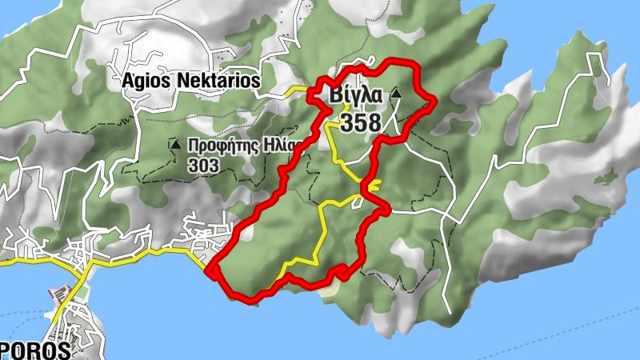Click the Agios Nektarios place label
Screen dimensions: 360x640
tap(191, 81)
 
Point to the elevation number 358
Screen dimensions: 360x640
tap(360, 122)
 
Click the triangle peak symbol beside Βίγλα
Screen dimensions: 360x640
tap(395, 95)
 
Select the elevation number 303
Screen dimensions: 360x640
tap(203, 164)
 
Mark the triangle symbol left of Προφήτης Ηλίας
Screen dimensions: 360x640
tap(174, 144)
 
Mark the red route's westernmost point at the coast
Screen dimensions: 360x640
tap(209, 271)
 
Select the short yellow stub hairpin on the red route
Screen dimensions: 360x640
tap(374, 183)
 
